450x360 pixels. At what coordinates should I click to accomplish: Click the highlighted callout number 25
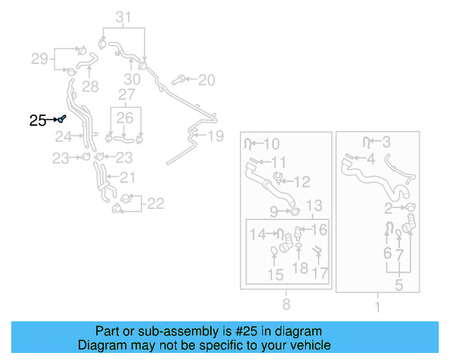38,121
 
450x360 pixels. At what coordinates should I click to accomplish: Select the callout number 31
123,17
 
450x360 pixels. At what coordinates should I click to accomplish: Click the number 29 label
39,59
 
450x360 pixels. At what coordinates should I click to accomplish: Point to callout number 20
206,80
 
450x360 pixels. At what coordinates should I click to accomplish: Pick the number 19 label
215,136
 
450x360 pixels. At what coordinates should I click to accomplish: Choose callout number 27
127,94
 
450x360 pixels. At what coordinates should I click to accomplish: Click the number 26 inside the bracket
124,117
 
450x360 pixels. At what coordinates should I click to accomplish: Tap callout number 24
63,136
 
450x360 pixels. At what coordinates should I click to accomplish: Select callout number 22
155,204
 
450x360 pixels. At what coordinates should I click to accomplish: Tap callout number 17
320,272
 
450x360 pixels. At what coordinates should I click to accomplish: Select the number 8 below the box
286,304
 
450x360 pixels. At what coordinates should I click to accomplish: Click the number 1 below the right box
377,307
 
